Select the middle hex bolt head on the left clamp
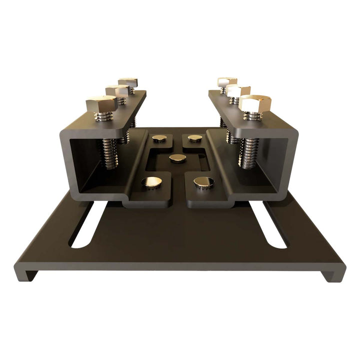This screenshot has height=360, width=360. [117, 91]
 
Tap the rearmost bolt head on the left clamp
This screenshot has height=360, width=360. [128, 81]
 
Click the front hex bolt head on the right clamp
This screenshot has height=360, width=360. [254, 103]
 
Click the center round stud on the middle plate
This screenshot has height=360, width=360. [177, 158]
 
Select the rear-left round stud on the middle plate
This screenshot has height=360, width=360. [160, 138]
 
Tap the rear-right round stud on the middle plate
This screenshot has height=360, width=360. [195, 137]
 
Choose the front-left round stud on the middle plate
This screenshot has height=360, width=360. [151, 182]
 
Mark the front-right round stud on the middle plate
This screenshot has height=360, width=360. [203, 182]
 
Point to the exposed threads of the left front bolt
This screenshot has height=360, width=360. [110, 152]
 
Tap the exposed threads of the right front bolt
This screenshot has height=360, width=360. [248, 152]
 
